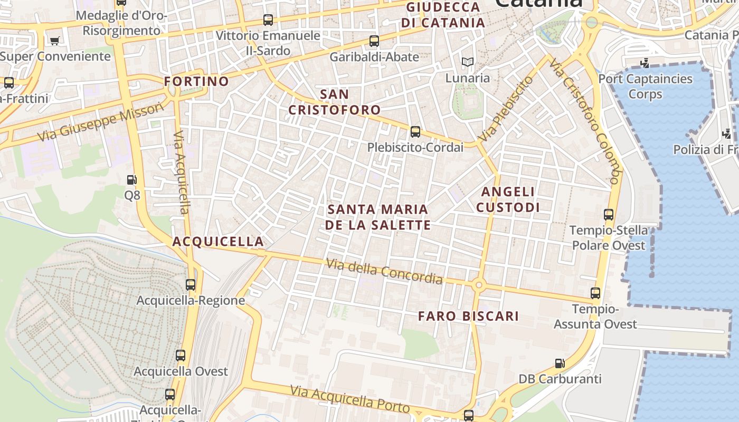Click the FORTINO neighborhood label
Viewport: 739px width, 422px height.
click(196, 82)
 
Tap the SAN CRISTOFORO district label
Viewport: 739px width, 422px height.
click(334, 102)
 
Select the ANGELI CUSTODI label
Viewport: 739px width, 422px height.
click(508, 199)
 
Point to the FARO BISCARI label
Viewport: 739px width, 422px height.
click(469, 316)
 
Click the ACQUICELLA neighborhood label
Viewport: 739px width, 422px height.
click(218, 242)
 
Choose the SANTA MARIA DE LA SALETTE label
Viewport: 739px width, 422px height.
click(378, 217)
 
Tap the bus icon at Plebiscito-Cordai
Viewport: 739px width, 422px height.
click(415, 132)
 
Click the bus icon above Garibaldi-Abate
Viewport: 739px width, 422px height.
click(374, 41)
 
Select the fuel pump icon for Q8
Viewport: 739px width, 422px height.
click(132, 180)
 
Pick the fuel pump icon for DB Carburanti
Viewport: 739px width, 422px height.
click(560, 363)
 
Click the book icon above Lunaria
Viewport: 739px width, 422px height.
click(467, 62)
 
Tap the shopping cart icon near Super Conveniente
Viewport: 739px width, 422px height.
click(54, 41)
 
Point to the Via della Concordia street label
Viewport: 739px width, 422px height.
click(384, 271)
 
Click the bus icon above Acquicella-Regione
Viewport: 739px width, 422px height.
click(191, 285)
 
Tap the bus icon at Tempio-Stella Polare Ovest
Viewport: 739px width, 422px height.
click(609, 215)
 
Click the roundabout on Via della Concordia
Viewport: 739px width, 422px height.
click(479, 285)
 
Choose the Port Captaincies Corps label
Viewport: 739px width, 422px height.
click(645, 87)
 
